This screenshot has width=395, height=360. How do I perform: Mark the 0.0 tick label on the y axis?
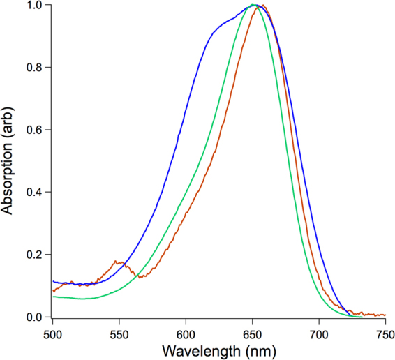(34, 317)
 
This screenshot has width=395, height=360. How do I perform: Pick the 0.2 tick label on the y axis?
(34, 255)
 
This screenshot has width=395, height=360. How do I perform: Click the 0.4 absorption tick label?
(34, 192)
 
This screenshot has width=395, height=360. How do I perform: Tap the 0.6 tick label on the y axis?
(34, 130)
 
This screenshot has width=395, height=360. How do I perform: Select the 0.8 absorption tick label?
(34, 67)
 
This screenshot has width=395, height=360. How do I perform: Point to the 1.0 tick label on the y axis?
(34, 5)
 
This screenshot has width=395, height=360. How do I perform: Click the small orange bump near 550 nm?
(119, 263)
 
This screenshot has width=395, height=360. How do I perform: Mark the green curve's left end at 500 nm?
(53, 297)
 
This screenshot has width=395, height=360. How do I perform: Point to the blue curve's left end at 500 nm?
(53, 281)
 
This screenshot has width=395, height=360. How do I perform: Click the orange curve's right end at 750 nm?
(385, 315)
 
